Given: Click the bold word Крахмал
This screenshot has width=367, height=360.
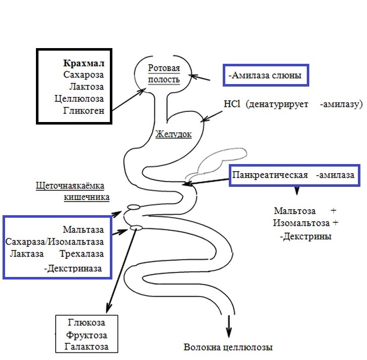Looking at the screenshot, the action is (x=84, y=63).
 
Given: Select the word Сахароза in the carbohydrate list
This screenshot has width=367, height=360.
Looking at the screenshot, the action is (x=84, y=74).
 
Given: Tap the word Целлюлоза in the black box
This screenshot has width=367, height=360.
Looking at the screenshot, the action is (x=79, y=99).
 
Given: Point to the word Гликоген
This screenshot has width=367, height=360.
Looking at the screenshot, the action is (x=84, y=110).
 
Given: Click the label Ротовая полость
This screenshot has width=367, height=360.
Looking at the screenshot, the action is (x=164, y=74).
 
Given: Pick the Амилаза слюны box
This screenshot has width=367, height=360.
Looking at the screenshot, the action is (x=266, y=75).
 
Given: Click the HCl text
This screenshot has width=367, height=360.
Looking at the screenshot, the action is (x=232, y=104).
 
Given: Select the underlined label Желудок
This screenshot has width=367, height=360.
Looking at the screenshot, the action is (x=174, y=134).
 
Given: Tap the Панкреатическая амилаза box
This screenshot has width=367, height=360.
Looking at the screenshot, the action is (x=294, y=175).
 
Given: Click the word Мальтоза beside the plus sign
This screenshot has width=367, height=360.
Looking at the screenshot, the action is (x=295, y=211).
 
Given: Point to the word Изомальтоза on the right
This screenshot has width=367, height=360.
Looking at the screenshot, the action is (x=301, y=223).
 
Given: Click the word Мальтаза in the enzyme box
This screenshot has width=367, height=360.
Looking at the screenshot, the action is (x=84, y=230).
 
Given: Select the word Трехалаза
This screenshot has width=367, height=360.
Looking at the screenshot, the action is (x=81, y=254).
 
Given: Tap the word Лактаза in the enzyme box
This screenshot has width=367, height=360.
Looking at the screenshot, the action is (x=27, y=254).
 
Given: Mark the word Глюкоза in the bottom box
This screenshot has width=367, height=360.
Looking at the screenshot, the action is (x=87, y=323).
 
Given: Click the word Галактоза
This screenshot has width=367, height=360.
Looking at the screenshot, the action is (x=87, y=347).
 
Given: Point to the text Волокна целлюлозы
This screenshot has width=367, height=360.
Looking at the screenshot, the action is (x=228, y=347).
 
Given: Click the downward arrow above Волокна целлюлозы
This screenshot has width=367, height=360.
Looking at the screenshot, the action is (x=229, y=326).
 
